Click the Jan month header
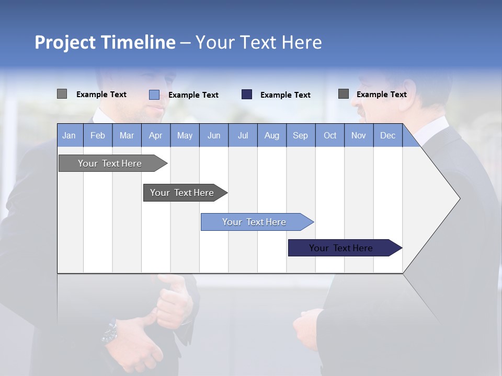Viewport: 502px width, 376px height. point(70,135)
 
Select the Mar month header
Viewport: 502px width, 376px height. point(127,135)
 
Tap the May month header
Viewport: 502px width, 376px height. point(185,135)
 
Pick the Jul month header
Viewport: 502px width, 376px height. point(243,135)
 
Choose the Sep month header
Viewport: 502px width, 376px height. point(301,135)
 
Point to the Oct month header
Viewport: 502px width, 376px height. point(330,135)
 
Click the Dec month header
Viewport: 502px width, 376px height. point(388,135)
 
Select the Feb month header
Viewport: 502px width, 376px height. point(98,135)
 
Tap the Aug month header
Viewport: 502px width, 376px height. point(272,135)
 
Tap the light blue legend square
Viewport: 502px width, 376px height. point(154,95)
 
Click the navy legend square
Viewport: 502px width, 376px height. point(247,95)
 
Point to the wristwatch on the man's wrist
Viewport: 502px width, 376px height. point(111,332)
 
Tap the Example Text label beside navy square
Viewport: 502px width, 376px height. point(286,95)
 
